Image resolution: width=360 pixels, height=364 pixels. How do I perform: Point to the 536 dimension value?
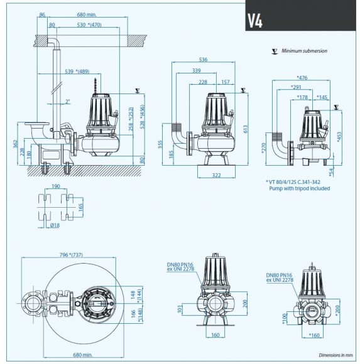[203, 60]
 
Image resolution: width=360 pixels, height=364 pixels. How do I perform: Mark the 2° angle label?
[67, 101]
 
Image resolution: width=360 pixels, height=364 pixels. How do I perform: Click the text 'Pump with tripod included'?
[299, 188]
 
